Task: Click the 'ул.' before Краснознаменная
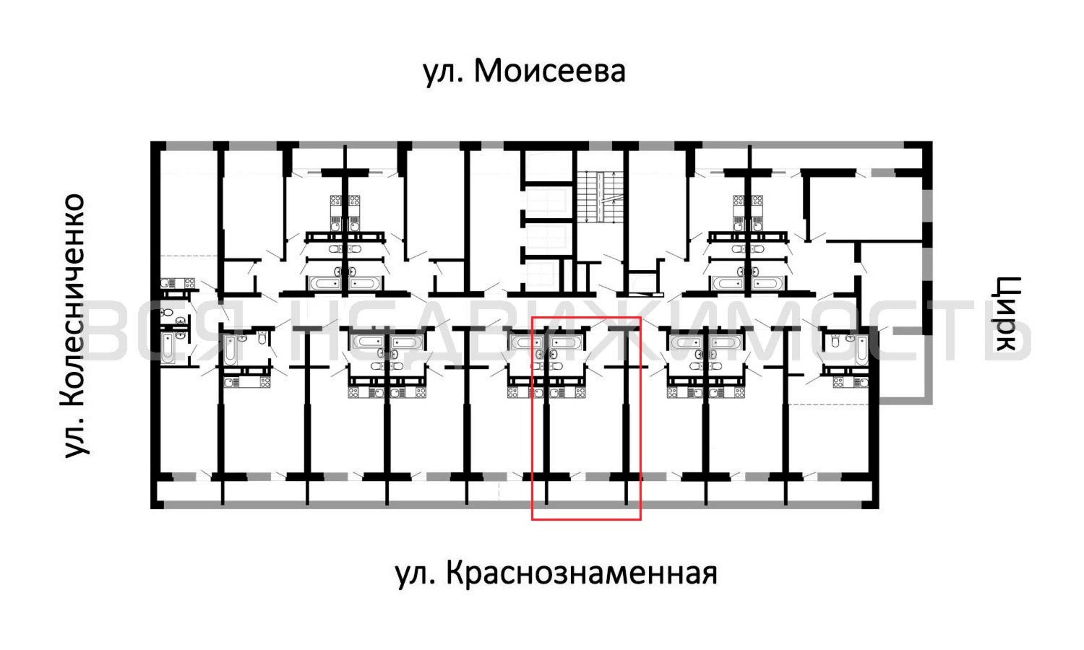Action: coord(416,575)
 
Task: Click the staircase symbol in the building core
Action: coord(600,197)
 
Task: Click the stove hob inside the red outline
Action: coord(580,393)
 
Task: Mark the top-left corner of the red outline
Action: coord(532,317)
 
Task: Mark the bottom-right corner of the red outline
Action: coord(641,520)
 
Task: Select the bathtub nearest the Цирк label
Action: coord(861,349)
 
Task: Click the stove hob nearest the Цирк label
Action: coord(838,383)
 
